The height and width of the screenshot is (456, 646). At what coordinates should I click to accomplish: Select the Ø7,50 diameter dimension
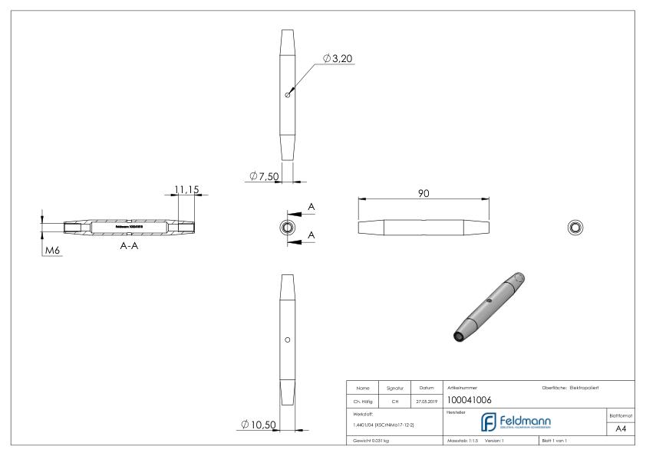[263, 177]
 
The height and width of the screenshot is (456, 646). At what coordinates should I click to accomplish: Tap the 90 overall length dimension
[423, 193]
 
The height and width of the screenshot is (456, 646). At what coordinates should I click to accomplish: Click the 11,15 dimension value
[186, 187]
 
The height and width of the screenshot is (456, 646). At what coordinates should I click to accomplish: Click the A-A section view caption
[128, 247]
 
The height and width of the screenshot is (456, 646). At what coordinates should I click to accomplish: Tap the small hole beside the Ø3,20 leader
[287, 95]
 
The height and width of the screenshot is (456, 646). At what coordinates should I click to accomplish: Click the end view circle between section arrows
[287, 227]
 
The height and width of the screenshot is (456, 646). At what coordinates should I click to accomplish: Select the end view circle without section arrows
[575, 227]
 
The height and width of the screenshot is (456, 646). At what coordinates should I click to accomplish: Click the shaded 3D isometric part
[487, 307]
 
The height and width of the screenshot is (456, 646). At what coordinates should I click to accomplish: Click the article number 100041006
[470, 399]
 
